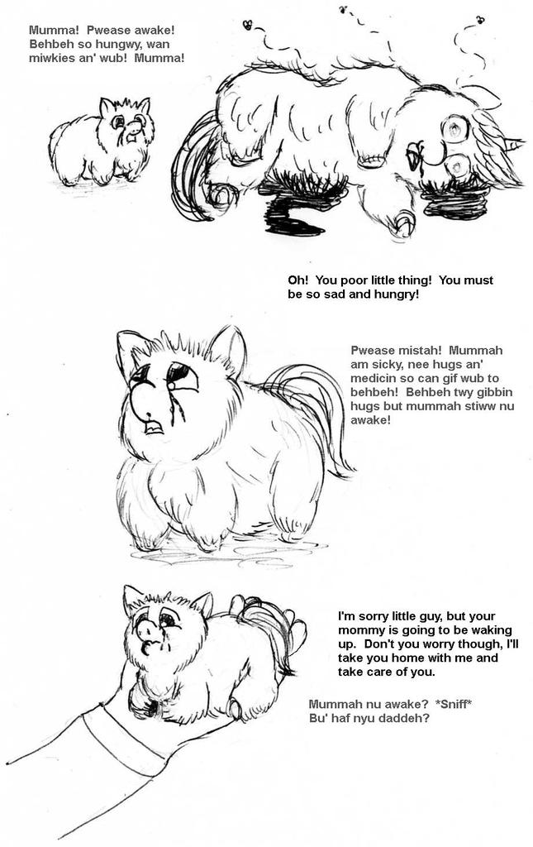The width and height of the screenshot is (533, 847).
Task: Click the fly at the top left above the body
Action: coord(247,25)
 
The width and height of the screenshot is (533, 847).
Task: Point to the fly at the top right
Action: coord(480,19)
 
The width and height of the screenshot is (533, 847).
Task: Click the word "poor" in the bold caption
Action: coord(359,280)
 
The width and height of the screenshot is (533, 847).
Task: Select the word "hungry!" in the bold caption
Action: coord(397,294)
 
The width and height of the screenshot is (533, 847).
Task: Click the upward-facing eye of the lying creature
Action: coord(454,128)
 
